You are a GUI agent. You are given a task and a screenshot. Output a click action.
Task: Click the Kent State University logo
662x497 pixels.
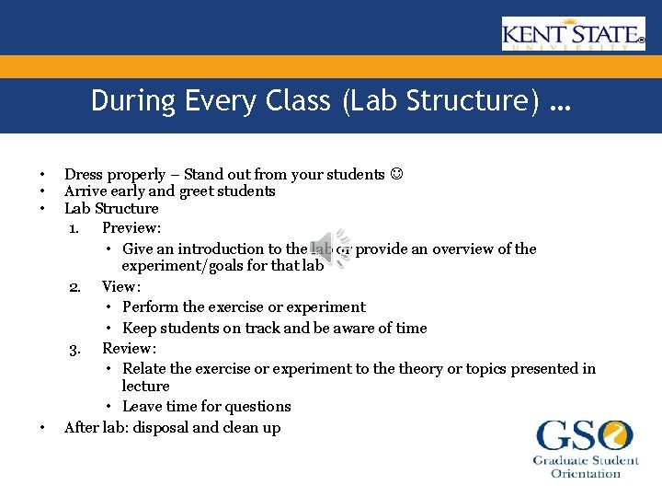[573, 34]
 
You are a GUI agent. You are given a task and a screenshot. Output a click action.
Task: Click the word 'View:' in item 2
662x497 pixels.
[120, 286]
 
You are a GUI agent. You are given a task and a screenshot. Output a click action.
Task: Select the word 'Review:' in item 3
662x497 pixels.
[129, 348]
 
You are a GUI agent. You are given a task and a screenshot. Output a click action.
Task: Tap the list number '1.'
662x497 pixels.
[76, 227]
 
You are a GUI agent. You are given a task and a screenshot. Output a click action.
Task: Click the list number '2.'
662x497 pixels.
[76, 286]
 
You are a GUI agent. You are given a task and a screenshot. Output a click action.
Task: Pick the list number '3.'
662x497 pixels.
[76, 348]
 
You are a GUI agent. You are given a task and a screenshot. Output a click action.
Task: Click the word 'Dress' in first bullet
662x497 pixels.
[84, 174]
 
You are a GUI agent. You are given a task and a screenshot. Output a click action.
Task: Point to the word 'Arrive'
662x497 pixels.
[86, 191]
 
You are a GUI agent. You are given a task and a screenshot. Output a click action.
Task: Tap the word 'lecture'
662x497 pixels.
[145, 386]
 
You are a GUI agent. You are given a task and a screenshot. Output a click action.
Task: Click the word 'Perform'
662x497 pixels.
[150, 306]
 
